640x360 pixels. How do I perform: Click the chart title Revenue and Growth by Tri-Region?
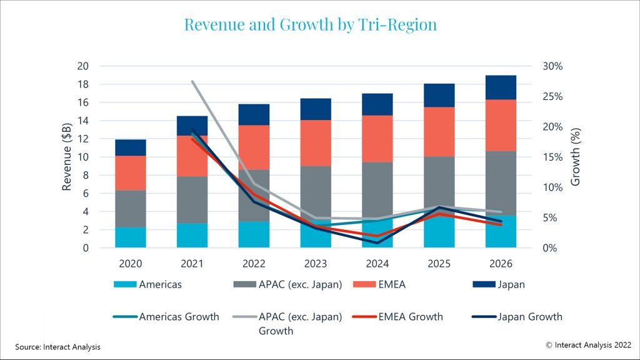pos(310,24)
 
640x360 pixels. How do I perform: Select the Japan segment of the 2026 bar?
pos(501,87)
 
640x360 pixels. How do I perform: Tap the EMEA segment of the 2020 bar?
pos(131,172)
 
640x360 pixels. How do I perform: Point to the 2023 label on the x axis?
pos(315,264)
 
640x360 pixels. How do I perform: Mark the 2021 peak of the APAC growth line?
pos(192,81)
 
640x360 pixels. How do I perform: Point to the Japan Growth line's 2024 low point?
pos(377,242)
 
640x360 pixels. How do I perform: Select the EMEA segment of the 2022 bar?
pos(254,147)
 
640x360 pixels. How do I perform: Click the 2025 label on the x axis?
pos(439,264)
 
